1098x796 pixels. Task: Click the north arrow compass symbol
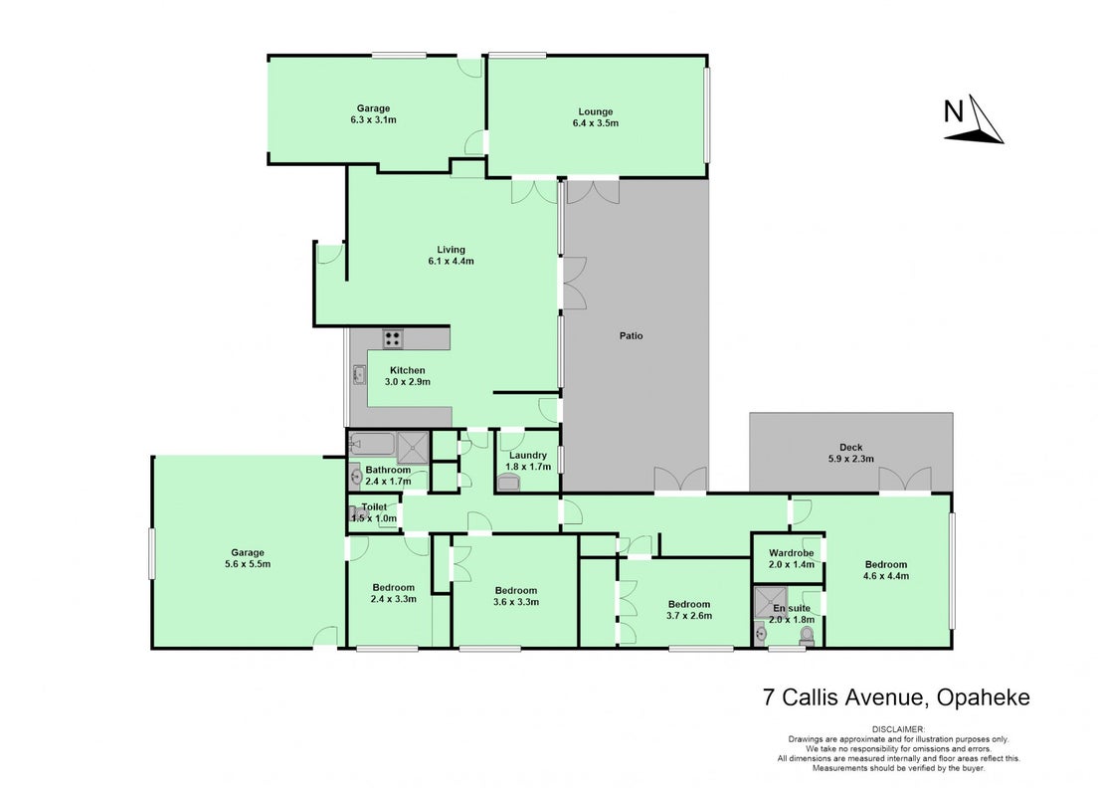[974, 120]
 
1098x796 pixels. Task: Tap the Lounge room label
[595, 111]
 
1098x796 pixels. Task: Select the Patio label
[631, 335]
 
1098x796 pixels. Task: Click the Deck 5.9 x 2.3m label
[850, 453]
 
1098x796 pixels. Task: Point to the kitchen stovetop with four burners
[393, 339]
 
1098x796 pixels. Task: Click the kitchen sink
[359, 375]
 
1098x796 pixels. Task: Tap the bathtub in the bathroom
[372, 444]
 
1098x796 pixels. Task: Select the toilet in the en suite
[807, 636]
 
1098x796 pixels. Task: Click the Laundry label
[528, 456]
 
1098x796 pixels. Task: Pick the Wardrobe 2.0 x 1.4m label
[792, 558]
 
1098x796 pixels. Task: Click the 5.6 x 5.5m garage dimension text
[248, 564]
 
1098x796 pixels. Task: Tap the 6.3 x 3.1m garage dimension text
[373, 119]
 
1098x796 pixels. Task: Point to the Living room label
[451, 250]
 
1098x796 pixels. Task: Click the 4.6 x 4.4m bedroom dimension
[886, 576]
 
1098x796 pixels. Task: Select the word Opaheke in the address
[984, 697]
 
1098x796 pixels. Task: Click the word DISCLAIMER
[898, 729]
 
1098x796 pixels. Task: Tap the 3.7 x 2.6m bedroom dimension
[689, 616]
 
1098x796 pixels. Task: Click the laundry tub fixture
[508, 483]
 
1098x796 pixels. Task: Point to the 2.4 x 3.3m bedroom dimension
[394, 599]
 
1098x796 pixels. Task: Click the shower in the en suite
[769, 603]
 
